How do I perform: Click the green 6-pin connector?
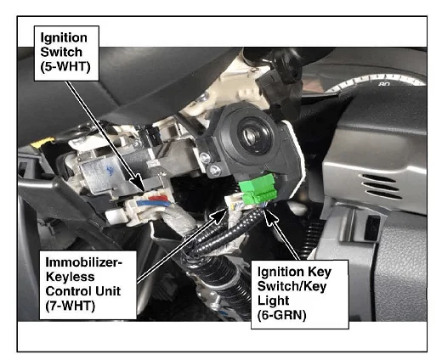[258, 188]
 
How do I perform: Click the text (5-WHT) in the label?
[65, 67]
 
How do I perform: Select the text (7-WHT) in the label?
[71, 306]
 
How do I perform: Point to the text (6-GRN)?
[281, 315]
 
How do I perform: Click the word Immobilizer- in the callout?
[84, 262]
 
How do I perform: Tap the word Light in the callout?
[273, 301]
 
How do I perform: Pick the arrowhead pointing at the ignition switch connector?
[140, 181]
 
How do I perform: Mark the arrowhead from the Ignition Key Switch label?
[269, 217]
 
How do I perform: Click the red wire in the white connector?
[158, 198]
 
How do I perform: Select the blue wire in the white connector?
[153, 203]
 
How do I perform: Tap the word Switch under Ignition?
[61, 52]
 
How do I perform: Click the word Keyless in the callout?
[70, 277]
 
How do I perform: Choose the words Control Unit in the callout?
[83, 291]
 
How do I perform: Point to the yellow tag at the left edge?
[42, 143]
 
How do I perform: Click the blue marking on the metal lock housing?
[110, 170]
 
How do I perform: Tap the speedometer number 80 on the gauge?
[384, 84]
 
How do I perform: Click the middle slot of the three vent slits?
[381, 187]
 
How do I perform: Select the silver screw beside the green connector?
[214, 170]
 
